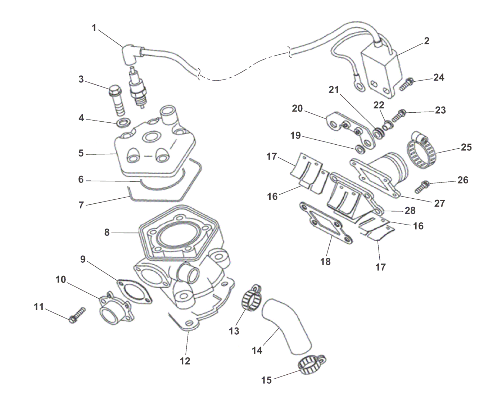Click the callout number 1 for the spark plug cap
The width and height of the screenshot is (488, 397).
point(94,28)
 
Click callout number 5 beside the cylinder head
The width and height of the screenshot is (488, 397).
point(81,153)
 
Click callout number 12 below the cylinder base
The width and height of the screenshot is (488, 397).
point(185,361)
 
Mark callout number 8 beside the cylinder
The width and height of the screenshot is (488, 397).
point(107,233)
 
